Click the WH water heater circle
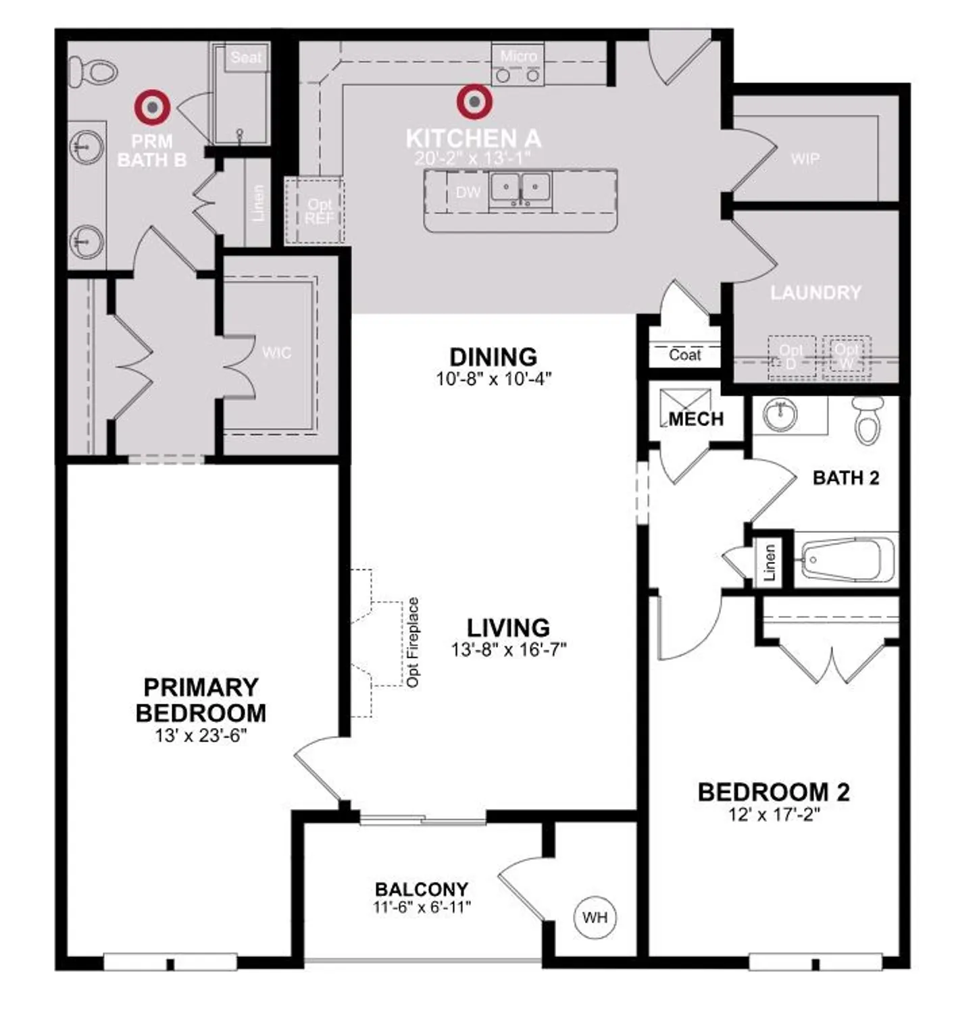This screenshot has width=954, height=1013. click(595, 917)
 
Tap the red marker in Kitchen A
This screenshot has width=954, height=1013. click(474, 102)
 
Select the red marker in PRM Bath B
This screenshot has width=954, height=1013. click(153, 107)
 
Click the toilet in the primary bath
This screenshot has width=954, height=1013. click(93, 71)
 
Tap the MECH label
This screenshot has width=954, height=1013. click(696, 419)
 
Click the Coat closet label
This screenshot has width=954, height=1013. click(684, 355)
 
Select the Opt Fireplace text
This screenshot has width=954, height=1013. click(413, 642)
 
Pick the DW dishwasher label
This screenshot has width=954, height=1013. click(468, 192)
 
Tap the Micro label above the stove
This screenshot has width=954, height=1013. click(518, 56)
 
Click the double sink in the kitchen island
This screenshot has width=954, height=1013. click(520, 188)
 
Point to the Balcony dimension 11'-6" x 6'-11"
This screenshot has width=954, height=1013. click(422, 907)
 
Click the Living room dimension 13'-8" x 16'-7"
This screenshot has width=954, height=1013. click(508, 650)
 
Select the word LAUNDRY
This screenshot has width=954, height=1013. click(816, 292)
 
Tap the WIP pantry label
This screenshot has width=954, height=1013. click(805, 159)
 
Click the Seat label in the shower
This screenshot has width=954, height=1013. click(246, 57)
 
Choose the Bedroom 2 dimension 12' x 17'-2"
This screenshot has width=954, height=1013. click(774, 814)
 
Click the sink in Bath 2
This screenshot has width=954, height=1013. click(781, 414)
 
